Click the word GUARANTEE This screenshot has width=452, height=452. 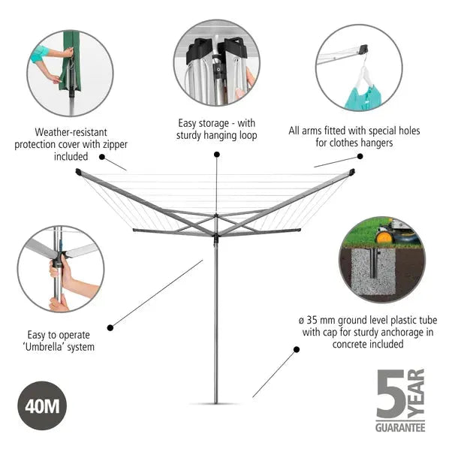click(399, 427)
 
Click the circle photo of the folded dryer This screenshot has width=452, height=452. click(217, 62)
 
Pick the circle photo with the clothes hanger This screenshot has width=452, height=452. click(359, 68)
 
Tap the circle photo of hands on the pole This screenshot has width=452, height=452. click(60, 269)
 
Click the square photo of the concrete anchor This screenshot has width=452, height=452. click(381, 260)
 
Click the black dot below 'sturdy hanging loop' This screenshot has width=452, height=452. click(216, 155)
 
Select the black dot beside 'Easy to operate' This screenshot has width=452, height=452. click(111, 327)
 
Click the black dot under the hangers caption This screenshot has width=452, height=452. click(360, 156)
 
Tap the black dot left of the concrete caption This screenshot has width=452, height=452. click(296, 349)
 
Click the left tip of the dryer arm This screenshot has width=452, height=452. click(79, 173)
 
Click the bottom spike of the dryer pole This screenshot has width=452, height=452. click(216, 402)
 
